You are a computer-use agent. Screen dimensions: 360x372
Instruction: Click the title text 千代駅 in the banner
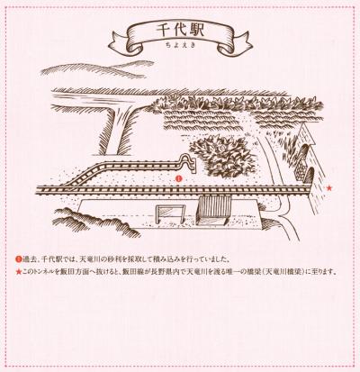180,31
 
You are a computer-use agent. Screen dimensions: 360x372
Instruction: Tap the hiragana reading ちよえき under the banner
180,45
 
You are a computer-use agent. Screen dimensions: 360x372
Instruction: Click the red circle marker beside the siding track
179,179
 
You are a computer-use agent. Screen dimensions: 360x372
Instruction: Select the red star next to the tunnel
329,188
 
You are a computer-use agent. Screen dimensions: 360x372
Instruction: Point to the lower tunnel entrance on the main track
309,176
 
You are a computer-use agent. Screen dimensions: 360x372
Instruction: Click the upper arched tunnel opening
306,151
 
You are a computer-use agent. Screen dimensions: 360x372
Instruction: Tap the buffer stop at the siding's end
188,163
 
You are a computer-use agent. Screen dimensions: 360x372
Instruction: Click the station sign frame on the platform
168,214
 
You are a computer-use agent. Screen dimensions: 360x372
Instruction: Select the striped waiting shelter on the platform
213,210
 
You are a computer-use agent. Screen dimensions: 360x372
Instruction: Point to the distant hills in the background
98,69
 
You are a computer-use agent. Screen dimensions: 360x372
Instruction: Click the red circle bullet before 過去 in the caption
19,259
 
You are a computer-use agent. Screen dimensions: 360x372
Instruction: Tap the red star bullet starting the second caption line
19,273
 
